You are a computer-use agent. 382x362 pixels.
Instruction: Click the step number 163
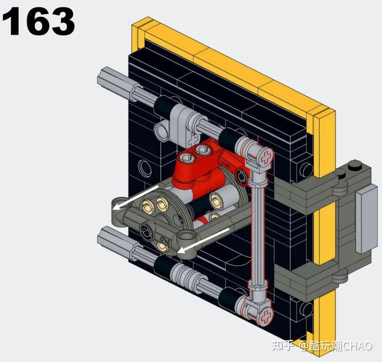pos(39,22)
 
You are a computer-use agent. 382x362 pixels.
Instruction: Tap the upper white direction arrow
pos(136,197)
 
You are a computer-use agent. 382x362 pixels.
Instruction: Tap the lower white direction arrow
pos(203,241)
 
